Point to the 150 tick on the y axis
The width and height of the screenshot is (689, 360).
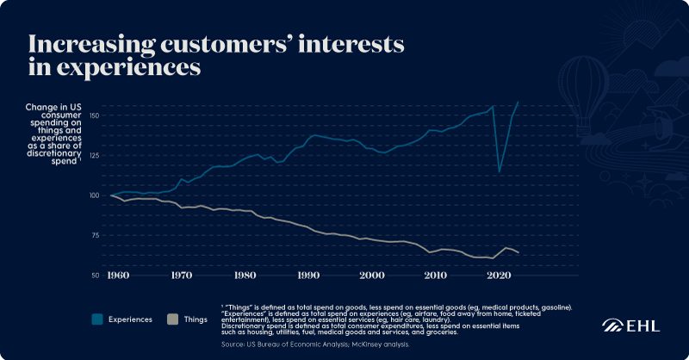pyautogui.click(x=95, y=115)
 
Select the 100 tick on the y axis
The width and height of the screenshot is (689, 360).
pyautogui.click(x=95, y=196)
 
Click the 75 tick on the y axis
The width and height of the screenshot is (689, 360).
pyautogui.click(x=96, y=235)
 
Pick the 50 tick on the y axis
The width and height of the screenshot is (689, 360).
pyautogui.click(x=96, y=275)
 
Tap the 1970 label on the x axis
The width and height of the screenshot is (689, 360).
pyautogui.click(x=181, y=275)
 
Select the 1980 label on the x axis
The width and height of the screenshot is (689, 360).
pyautogui.click(x=245, y=275)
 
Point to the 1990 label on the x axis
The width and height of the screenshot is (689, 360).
pyautogui.click(x=308, y=275)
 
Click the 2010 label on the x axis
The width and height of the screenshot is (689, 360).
pyautogui.click(x=435, y=275)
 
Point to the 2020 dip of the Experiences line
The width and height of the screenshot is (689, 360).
pyautogui.click(x=500, y=171)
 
